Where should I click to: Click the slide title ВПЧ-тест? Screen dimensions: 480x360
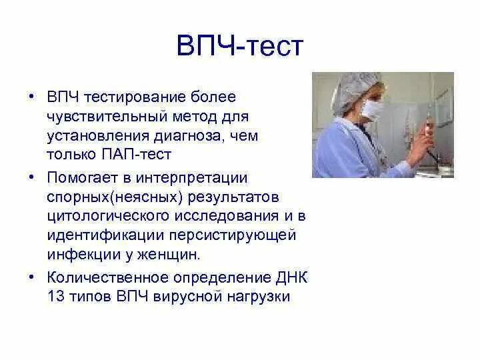240,46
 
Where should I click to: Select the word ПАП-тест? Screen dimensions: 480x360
136,154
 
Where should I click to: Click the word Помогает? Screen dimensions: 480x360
83,178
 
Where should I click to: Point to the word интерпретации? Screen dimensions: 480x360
192,178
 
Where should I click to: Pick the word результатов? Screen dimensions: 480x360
233,197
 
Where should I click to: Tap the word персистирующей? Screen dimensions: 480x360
233,236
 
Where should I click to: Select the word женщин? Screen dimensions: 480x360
169,255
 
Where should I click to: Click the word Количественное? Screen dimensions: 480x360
108,277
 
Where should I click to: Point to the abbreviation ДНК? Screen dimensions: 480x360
292,278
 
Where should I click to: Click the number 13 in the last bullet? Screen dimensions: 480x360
56,296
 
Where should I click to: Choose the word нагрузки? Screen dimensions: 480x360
259,297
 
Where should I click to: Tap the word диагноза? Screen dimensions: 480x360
187,136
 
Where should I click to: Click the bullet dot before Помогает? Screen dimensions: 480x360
31,177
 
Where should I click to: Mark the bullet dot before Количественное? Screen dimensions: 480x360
31,277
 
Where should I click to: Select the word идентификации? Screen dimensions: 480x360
105,235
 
